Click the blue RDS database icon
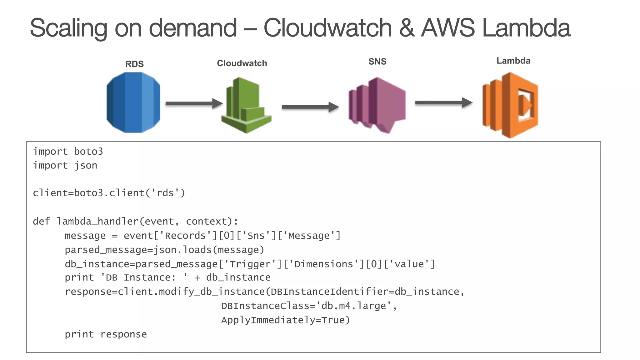pyautogui.click(x=133, y=102)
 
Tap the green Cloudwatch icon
pyautogui.click(x=246, y=106)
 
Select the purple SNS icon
pyautogui.click(x=377, y=105)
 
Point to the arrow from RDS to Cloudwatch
pyautogui.click(x=194, y=103)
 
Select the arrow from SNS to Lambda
pyautogui.click(x=443, y=102)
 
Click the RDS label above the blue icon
pyautogui.click(x=134, y=64)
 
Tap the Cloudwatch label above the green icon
pyautogui.click(x=242, y=63)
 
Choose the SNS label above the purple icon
pyautogui.click(x=377, y=62)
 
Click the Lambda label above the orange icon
pyautogui.click(x=513, y=61)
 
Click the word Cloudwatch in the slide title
pyautogui.click(x=327, y=28)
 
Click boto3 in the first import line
pyautogui.click(x=88, y=152)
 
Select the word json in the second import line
pyautogui.click(x=86, y=166)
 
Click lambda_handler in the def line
pyautogui.click(x=97, y=221)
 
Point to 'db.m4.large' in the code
pyautogui.click(x=354, y=306)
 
